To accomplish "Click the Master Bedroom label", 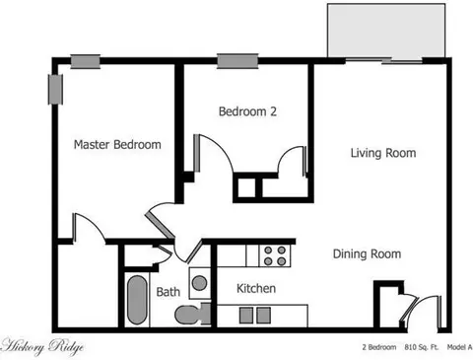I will click(x=117, y=145).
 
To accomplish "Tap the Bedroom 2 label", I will click(x=247, y=112).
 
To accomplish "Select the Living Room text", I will click(x=383, y=153).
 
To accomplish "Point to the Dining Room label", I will click(x=367, y=253).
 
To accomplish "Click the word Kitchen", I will click(x=256, y=289).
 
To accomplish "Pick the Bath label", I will click(x=168, y=292).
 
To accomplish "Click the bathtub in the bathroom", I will click(x=135, y=300).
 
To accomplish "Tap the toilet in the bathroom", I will click(x=187, y=314).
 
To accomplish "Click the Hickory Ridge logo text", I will click(x=42, y=347).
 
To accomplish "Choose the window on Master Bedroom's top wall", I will click(x=84, y=62).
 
